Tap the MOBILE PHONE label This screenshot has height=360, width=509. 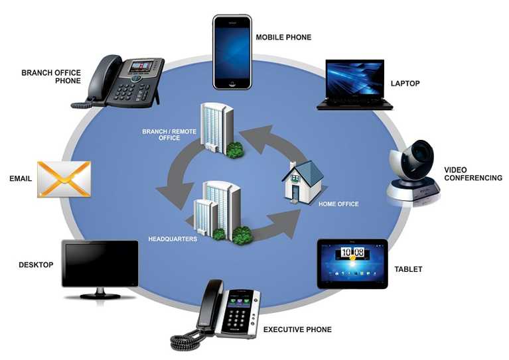(283, 38)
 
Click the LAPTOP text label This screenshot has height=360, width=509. (405, 84)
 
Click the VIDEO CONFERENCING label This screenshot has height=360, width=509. (473, 174)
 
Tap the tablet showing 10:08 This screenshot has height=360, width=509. (352, 263)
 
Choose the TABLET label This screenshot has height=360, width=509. (408, 270)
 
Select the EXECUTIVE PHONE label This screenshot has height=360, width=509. (297, 330)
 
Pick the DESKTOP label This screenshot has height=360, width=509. (36, 265)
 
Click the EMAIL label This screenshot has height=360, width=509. (21, 179)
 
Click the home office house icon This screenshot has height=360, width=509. (303, 180)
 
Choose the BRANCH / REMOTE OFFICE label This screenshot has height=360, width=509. (169, 135)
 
